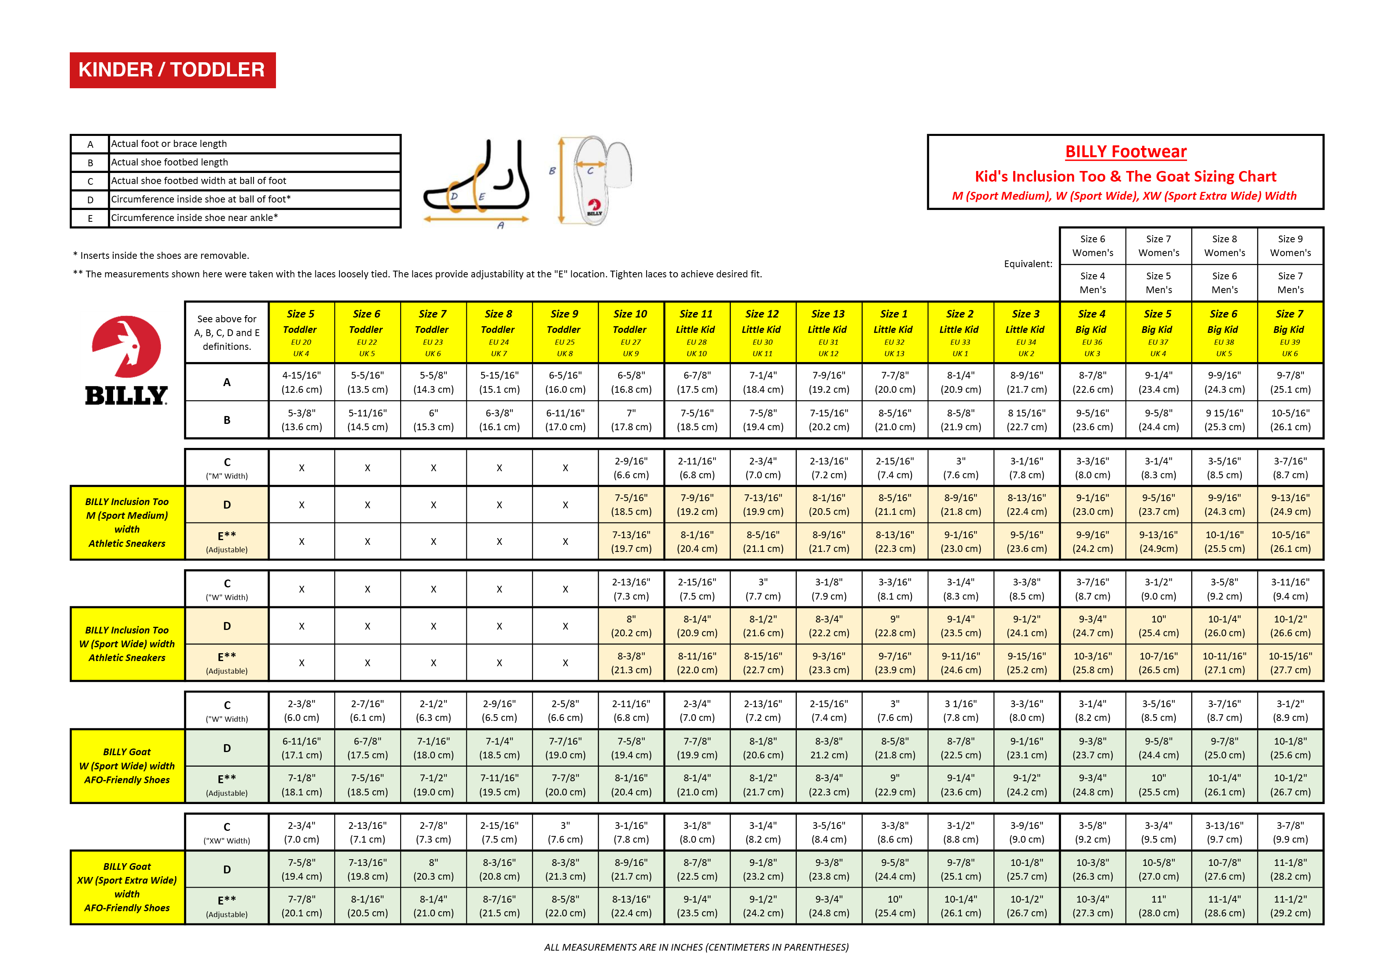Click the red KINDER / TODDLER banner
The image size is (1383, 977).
tap(172, 70)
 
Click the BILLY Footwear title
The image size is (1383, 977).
tap(1125, 152)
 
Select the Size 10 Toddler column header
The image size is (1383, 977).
tap(630, 332)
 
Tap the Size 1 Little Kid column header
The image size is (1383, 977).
tap(894, 332)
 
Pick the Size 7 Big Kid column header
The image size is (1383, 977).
tap(1290, 332)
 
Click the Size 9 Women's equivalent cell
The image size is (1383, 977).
tap(1290, 245)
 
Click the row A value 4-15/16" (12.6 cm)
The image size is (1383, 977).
tap(301, 382)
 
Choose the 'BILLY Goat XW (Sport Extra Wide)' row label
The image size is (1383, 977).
tap(127, 887)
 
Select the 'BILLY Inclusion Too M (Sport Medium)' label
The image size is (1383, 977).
tap(127, 522)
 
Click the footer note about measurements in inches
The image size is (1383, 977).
tap(696, 947)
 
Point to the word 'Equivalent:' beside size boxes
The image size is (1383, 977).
tap(1028, 264)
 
